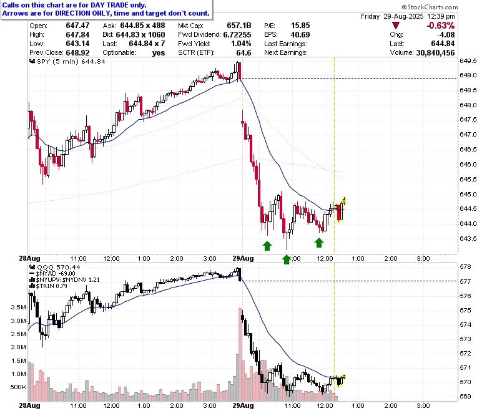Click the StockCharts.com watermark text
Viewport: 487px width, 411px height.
coord(430,7)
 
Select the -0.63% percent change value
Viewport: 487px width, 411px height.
coord(441,26)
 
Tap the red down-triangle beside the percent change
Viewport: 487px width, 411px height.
coord(396,26)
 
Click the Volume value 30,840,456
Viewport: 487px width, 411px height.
coord(435,53)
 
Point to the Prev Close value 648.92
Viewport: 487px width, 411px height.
coord(77,53)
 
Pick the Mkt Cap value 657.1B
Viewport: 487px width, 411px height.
coord(239,26)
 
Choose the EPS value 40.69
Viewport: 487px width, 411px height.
coord(300,34)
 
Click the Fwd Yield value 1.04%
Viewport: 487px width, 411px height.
coord(242,44)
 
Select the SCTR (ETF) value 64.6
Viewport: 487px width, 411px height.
coord(243,53)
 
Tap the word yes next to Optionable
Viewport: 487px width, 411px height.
coord(159,53)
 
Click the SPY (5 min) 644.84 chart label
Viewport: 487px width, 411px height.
coord(67,61)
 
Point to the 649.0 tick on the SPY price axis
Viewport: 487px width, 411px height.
coord(468,75)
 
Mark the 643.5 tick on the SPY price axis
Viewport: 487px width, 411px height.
coord(468,238)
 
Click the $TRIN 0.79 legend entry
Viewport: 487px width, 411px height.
coord(48,286)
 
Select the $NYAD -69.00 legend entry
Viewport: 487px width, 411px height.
coord(52,274)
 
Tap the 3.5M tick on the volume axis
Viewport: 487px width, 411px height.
coord(18,307)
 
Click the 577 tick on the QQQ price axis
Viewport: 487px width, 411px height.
coord(465,281)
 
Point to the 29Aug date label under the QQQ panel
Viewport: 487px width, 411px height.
coord(243,405)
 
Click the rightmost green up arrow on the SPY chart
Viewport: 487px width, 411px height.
coord(318,243)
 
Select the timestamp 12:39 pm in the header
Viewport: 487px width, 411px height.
coord(441,16)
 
